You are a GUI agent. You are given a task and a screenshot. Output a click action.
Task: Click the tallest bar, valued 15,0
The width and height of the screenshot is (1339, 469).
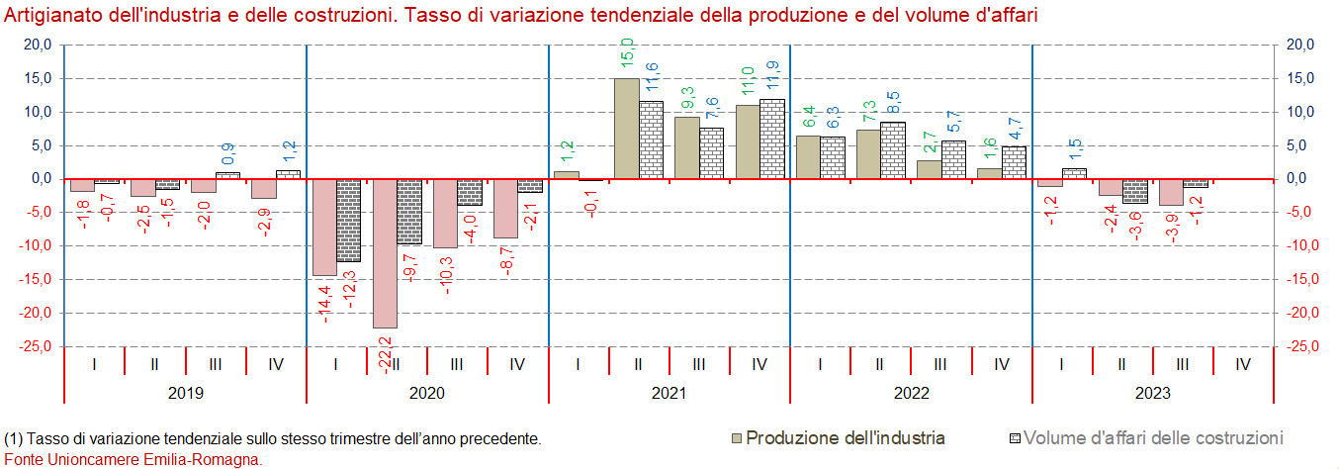626,129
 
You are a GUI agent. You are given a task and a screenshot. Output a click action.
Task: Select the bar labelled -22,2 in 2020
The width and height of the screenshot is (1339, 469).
385,253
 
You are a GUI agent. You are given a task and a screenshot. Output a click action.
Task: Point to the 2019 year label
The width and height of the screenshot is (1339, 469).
186,393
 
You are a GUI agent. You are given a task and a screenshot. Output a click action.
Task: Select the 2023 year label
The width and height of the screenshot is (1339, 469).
1152,393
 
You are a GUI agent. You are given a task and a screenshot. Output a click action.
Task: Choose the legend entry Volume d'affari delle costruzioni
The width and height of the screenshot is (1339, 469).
1153,437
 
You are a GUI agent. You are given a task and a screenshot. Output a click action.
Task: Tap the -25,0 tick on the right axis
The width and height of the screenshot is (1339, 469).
1300,346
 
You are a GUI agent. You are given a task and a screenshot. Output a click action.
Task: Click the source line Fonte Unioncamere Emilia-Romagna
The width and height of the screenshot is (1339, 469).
134,459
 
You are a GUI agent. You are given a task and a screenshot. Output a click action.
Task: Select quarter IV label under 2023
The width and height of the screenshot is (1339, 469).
1243,364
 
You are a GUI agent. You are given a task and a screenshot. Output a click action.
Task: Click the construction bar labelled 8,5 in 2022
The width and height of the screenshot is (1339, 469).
893,150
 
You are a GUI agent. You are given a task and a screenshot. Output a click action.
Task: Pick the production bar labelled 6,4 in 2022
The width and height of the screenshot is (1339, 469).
808,157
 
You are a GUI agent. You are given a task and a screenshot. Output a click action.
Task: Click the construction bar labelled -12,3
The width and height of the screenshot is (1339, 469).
348,220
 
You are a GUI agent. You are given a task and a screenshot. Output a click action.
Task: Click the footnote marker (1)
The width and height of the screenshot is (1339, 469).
14,437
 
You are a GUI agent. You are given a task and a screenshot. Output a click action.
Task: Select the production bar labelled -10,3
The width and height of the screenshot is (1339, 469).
445,213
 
